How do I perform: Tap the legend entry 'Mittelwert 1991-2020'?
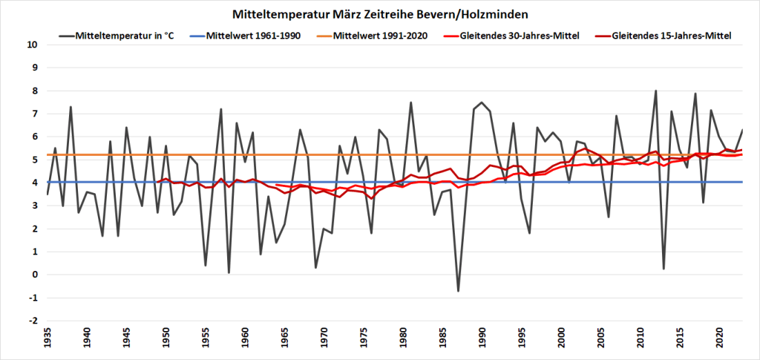(380, 35)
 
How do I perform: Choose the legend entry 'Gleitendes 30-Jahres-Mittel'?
(519, 35)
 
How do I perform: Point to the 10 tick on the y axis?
(32, 45)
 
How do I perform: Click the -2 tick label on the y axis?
(32, 321)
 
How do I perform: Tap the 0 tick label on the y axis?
(33, 275)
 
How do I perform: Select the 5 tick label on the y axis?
(33, 160)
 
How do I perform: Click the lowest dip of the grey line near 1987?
(458, 290)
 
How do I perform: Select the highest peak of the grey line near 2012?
(655, 91)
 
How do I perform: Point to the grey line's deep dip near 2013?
(664, 269)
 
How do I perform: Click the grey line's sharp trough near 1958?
(229, 272)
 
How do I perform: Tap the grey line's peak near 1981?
(410, 102)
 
